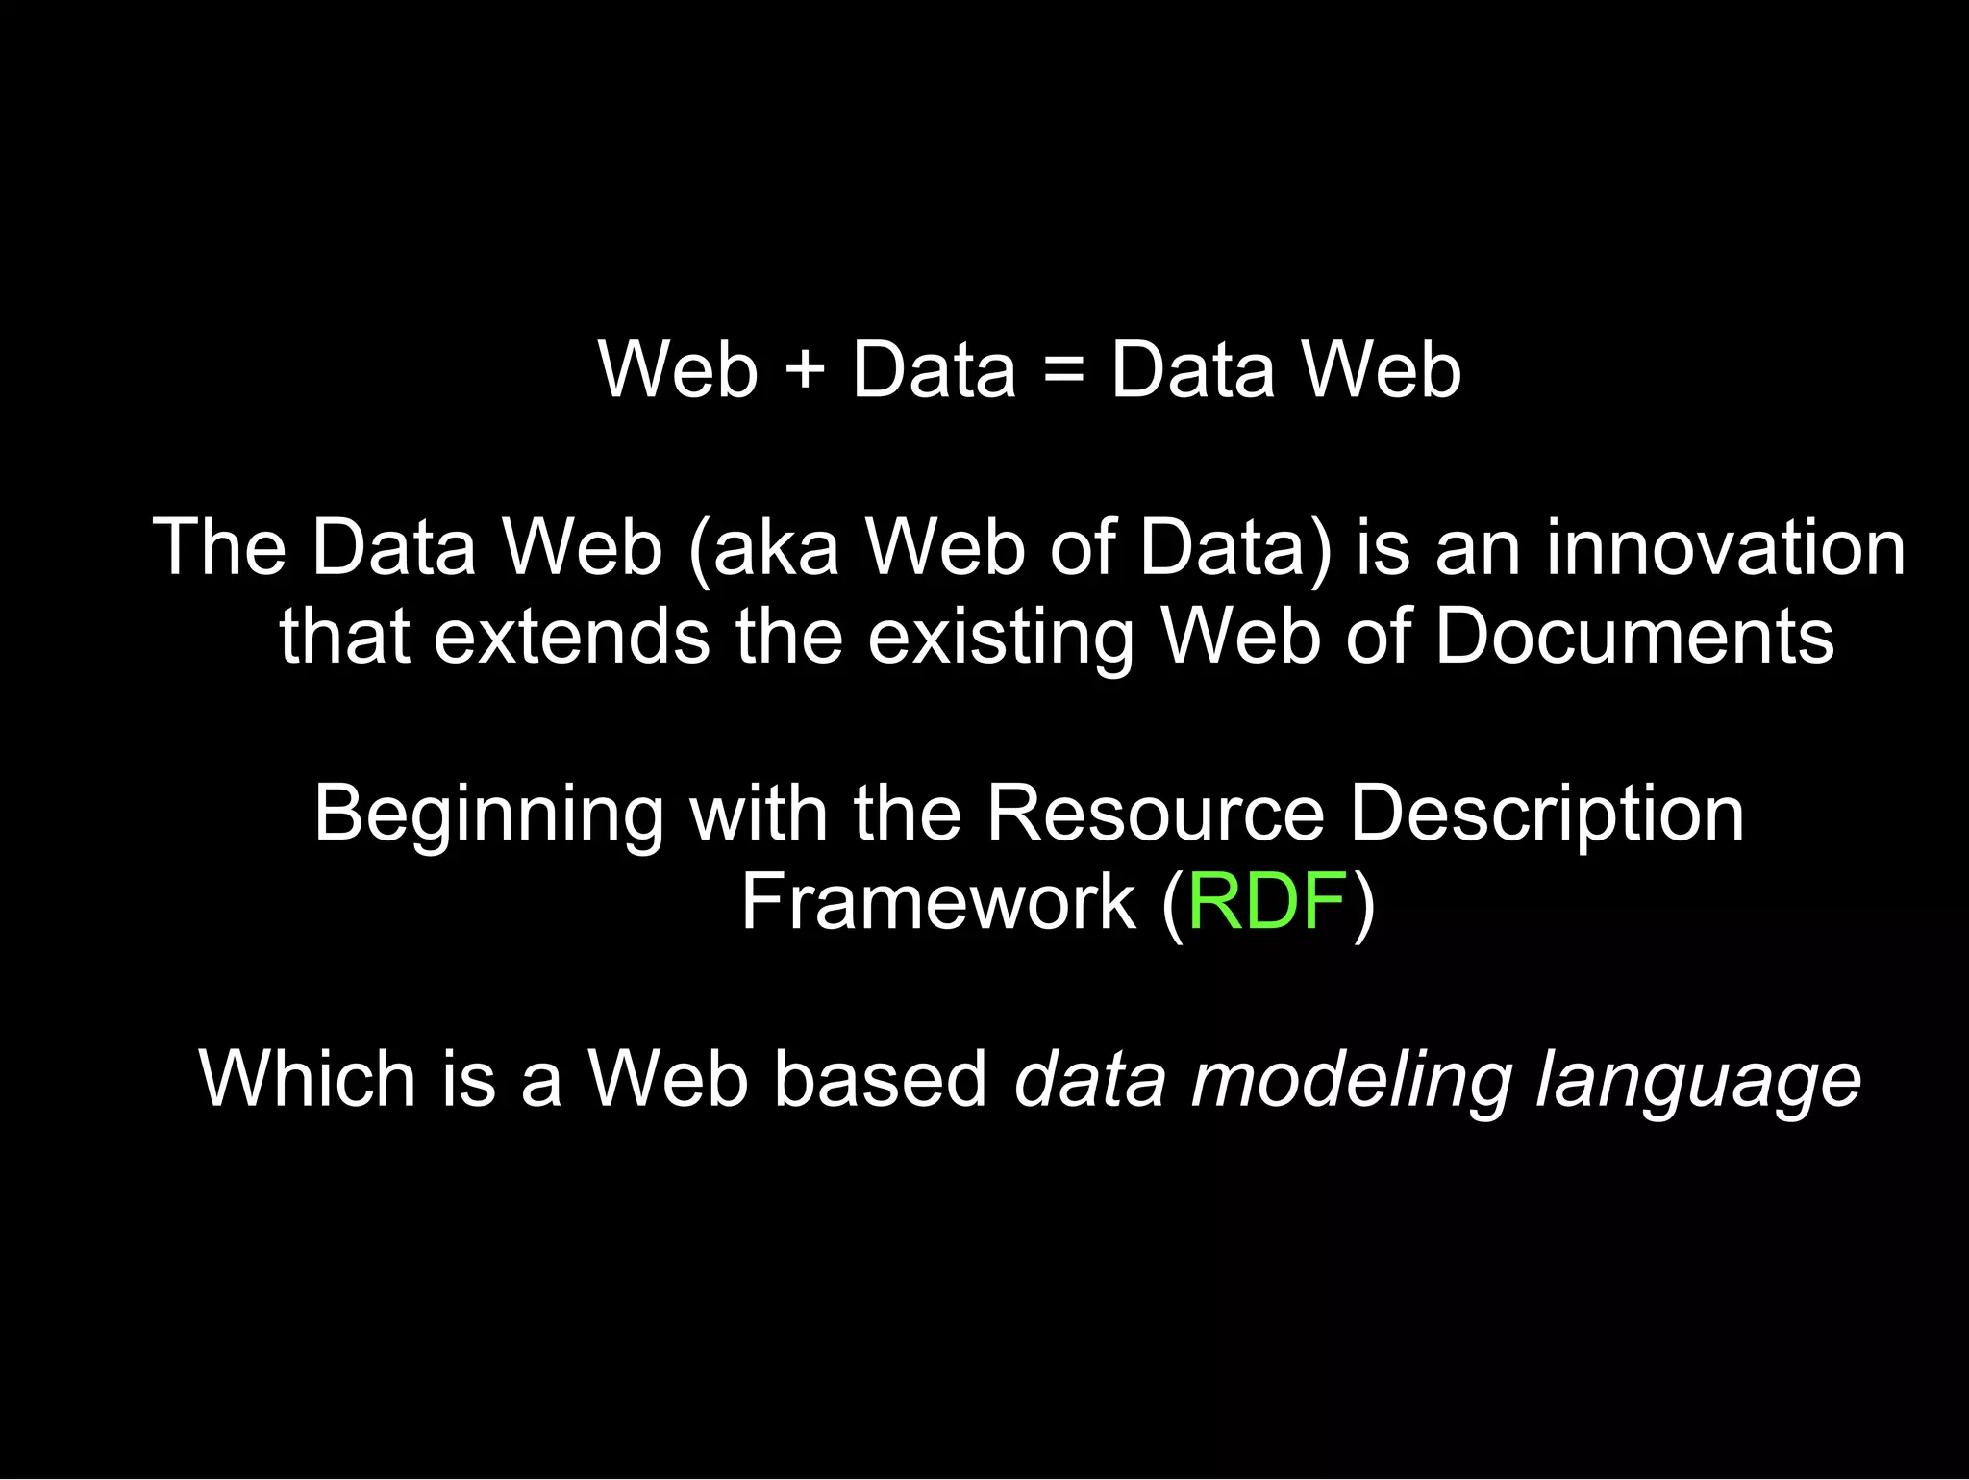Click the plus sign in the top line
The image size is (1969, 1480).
(x=805, y=371)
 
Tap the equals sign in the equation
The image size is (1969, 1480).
(x=1063, y=371)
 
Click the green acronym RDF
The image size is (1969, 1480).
(x=1266, y=902)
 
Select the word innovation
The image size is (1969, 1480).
(x=1726, y=547)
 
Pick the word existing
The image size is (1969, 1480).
(x=1001, y=638)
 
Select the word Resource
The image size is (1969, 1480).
(x=1156, y=814)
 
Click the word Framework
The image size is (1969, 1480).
(x=937, y=902)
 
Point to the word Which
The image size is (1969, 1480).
(x=307, y=1079)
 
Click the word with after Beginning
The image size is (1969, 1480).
(x=758, y=814)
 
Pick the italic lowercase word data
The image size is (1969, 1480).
(x=1090, y=1079)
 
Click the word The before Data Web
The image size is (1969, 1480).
(x=219, y=547)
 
